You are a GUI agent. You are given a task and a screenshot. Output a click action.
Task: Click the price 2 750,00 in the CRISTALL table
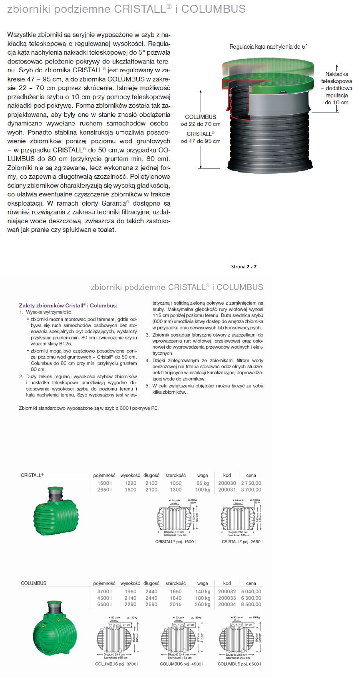click(x=251, y=483)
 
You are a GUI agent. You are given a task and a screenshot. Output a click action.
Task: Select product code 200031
click(x=227, y=490)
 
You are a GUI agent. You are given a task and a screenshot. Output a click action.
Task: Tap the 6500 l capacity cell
click(x=104, y=604)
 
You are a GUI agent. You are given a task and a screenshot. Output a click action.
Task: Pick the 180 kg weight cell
click(x=203, y=598)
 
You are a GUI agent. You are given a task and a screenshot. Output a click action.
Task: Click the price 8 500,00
click(x=251, y=604)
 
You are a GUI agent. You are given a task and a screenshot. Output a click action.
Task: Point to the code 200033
click(x=227, y=598)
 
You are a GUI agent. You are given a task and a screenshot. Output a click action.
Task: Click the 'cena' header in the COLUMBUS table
click(x=251, y=583)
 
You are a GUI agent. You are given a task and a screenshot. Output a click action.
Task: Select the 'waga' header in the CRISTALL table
click(x=203, y=476)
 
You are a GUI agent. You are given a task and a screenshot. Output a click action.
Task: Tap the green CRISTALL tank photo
click(x=56, y=511)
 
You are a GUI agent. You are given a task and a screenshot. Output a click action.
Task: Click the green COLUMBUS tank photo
click(x=55, y=628)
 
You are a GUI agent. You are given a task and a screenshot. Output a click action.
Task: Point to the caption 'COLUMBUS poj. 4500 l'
click(x=181, y=664)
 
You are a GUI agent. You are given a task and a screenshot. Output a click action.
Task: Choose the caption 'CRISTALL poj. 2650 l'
click(x=242, y=541)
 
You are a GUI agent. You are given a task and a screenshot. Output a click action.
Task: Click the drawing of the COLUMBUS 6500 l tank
click(x=239, y=637)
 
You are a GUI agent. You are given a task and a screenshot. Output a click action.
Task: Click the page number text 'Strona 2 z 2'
click(x=244, y=267)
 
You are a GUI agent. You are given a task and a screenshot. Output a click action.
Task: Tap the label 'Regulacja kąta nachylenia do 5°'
click(x=268, y=47)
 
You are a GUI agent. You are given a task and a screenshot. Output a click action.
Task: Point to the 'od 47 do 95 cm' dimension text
click(x=201, y=141)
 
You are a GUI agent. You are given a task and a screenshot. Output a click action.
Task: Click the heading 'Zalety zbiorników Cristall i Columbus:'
click(x=68, y=305)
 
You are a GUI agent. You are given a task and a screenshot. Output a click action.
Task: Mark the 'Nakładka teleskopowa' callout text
click(x=336, y=77)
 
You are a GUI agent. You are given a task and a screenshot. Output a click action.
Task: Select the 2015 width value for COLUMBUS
click(x=175, y=604)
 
